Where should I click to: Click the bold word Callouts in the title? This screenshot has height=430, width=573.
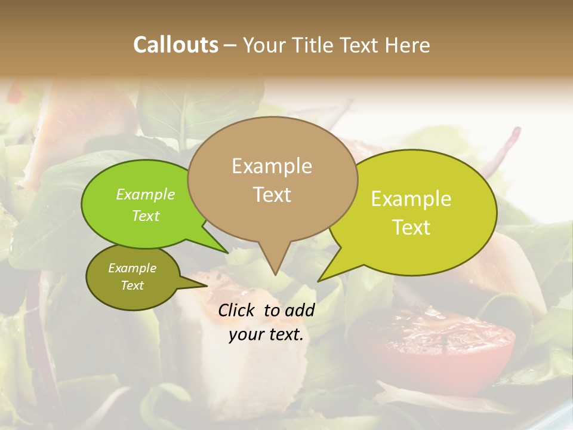tap(176, 45)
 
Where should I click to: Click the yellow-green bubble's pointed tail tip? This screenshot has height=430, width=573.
tap(319, 280)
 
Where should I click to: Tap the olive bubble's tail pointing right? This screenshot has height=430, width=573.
tap(205, 285)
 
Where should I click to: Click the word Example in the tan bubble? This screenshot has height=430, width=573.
tap(272, 166)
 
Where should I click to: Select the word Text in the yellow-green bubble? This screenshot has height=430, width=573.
tap(411, 227)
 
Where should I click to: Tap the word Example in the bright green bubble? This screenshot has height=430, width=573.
tap(146, 195)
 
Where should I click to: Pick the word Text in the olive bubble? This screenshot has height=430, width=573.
tap(133, 285)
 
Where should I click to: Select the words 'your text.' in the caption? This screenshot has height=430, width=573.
tap(266, 335)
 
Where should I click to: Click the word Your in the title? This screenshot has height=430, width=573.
tap(265, 45)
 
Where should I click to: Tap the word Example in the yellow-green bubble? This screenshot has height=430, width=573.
tap(411, 199)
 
